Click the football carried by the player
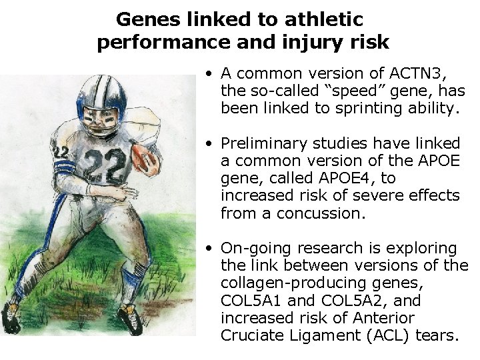pos(144,158)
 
